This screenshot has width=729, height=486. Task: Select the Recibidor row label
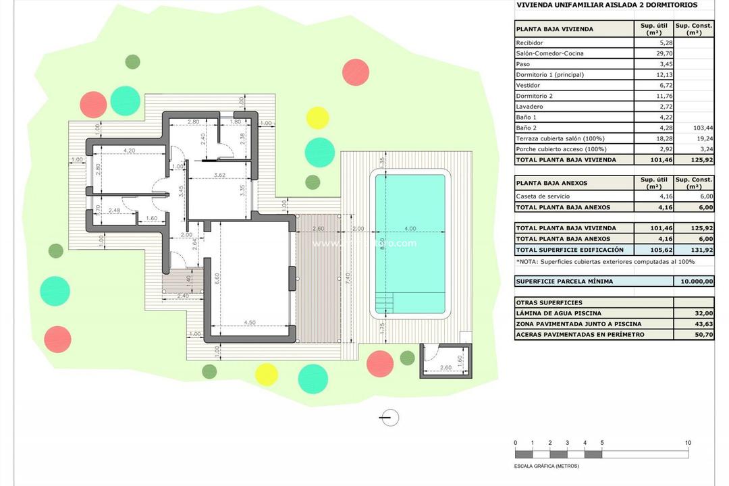coord(529,43)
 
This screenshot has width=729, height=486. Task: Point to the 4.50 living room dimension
coord(250,322)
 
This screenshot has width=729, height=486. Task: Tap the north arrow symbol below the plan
coord(389,418)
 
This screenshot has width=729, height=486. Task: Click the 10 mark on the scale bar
coord(688,443)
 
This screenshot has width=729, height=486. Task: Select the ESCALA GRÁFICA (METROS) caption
coord(546,466)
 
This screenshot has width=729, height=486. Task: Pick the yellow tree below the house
coord(267,374)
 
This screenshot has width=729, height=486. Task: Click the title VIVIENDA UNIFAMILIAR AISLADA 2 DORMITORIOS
coord(606,5)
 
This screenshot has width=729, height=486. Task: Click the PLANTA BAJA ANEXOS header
coord(551,183)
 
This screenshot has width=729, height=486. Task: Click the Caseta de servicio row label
coord(543,196)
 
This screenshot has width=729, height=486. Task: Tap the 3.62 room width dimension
coord(219,175)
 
